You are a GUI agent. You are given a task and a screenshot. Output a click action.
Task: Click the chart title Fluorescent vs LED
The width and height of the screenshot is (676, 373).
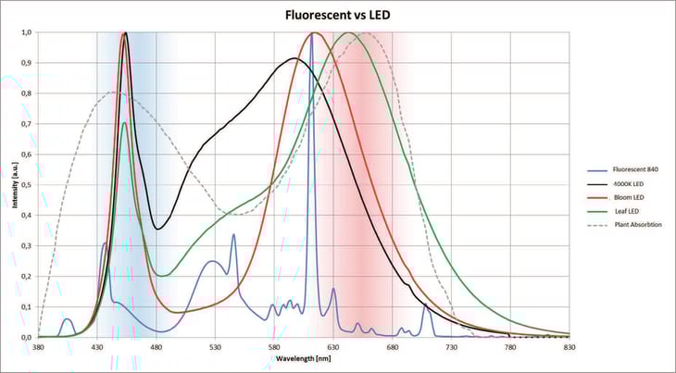(x=336, y=15)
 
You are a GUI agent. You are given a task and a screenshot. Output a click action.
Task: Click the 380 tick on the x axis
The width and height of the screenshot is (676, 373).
(x=38, y=346)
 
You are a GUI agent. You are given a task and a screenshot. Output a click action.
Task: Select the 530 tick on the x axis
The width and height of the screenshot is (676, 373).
(x=215, y=346)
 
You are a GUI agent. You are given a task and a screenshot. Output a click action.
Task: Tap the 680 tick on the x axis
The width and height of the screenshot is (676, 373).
(x=393, y=346)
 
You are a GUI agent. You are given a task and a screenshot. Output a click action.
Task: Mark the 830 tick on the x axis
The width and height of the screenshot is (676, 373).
(x=570, y=346)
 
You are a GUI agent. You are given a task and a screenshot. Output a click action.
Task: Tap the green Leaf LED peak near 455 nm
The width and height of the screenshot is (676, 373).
(x=125, y=123)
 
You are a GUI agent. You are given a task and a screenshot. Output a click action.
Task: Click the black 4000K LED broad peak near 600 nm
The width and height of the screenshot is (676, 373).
(x=294, y=59)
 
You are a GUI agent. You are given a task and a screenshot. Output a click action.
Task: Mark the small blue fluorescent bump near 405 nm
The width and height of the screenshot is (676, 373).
(x=67, y=319)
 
